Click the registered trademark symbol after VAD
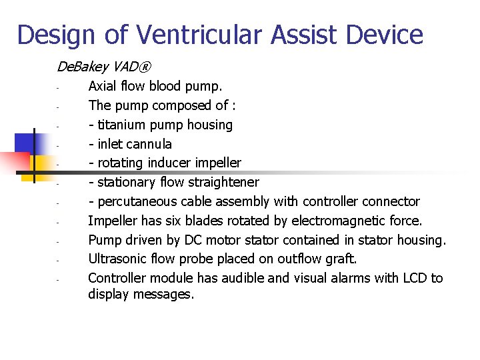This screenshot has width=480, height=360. (145, 67)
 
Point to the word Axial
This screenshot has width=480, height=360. (102, 86)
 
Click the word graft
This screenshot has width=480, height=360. (341, 259)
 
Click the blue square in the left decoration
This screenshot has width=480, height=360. (24, 143)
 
